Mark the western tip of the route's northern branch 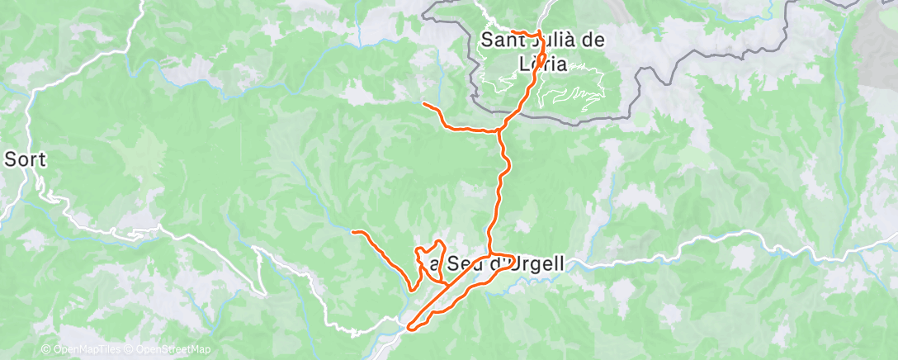click(x=423, y=104)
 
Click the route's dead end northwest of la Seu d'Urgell click(x=353, y=232)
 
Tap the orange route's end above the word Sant click(x=513, y=31)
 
